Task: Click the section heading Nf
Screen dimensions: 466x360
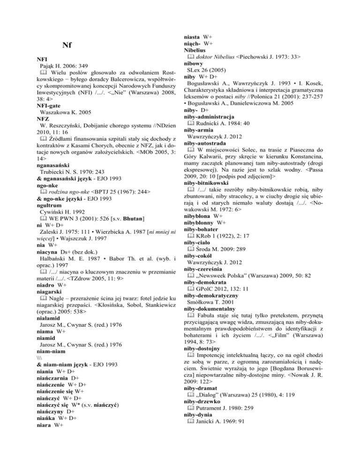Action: [67, 45]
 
